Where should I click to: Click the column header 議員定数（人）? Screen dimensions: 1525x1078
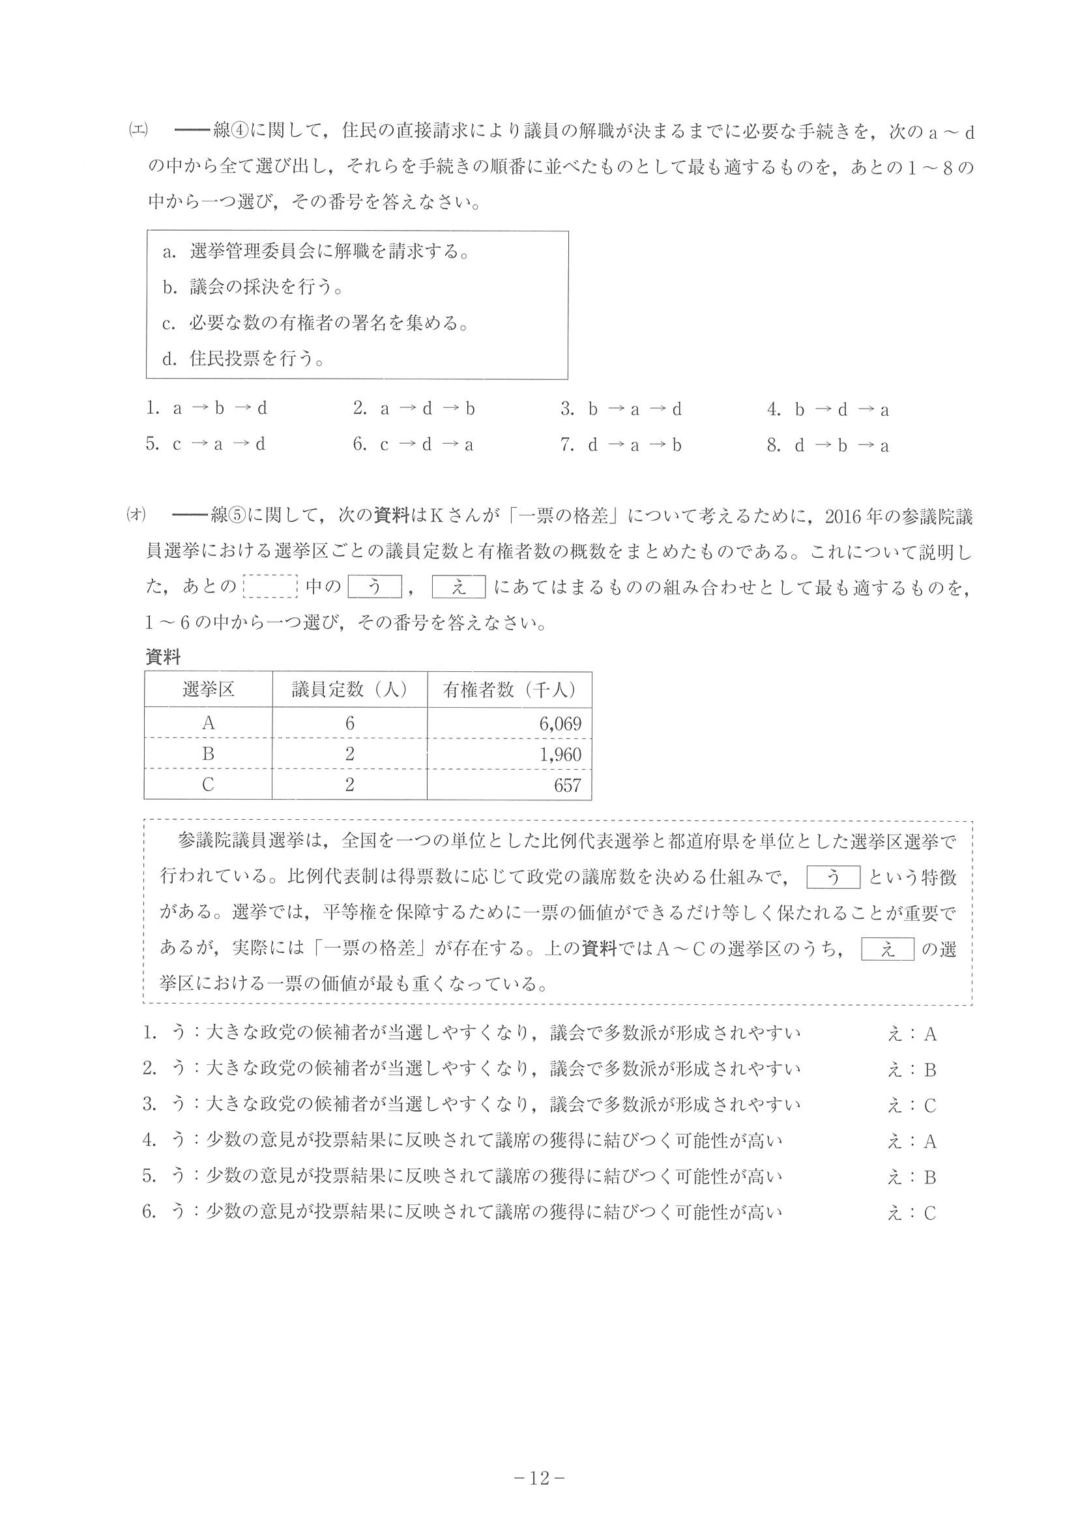[349, 690]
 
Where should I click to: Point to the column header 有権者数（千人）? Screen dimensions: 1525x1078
[509, 690]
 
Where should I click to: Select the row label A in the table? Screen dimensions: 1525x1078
[208, 723]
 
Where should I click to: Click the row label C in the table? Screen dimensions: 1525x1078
[208, 785]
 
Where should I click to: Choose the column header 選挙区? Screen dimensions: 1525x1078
[208, 690]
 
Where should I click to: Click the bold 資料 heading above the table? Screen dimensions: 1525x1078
[163, 658]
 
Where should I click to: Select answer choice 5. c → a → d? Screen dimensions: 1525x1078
[206, 444]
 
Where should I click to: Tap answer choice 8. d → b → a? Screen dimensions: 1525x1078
[828, 446]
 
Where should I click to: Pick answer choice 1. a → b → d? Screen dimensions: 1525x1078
[207, 409]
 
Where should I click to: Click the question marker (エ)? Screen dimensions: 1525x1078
[138, 129]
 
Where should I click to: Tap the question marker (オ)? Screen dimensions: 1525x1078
[136, 515]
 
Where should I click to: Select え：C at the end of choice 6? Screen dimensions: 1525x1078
[911, 1213]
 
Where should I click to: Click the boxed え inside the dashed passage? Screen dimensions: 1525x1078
[888, 950]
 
